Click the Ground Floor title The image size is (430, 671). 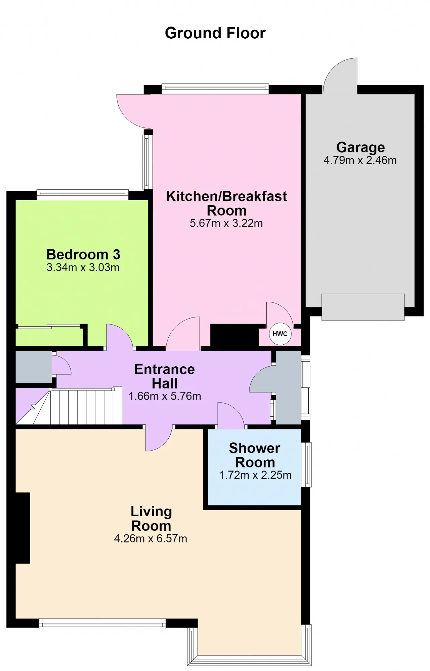pos(215,33)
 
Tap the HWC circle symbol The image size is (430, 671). pos(280,334)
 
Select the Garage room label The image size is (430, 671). pos(360,148)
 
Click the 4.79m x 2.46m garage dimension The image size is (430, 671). pos(360,160)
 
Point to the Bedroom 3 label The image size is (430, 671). pos(83,254)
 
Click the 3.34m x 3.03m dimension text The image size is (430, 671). pos(83,267)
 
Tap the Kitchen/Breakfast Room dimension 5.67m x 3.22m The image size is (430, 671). pos(226,223)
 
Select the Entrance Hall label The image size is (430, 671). pos(165,376)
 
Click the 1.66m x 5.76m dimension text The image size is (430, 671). pos(165,396)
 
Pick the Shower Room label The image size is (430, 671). pos(255,455)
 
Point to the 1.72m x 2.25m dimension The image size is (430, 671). pos(255,475)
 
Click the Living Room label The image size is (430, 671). pos(151,519)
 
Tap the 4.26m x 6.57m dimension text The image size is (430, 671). pos(150,538)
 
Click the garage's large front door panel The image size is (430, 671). pos(363,307)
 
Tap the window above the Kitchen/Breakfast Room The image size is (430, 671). pos(215,89)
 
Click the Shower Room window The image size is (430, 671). pos(306,465)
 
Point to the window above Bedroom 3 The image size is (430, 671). pos(82,195)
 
